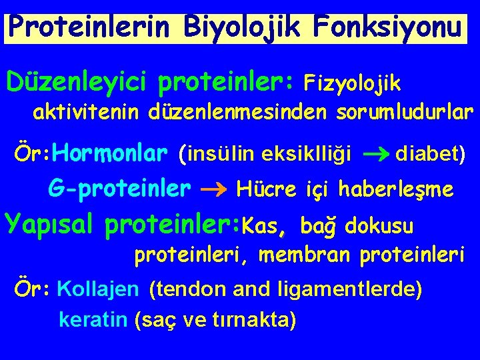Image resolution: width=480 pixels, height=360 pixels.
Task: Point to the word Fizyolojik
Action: coord(352,83)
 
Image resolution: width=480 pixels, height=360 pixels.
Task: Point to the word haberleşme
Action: coord(396,191)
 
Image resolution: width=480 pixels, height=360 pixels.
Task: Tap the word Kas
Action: coord(264,226)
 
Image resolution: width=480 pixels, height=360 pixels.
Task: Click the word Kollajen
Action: coord(99,290)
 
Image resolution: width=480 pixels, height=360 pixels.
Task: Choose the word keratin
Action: coord(93,320)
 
